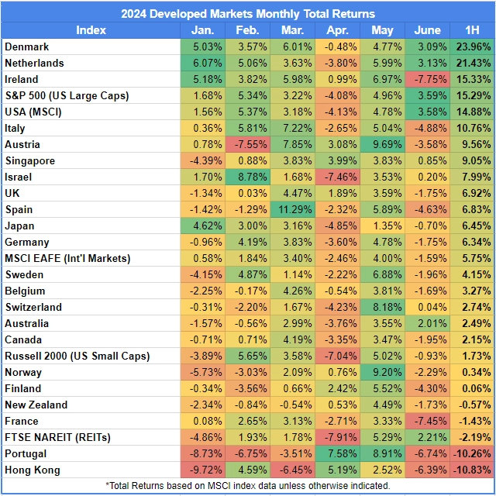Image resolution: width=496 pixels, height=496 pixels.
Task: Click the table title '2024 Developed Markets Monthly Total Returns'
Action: pyautogui.click(x=247, y=13)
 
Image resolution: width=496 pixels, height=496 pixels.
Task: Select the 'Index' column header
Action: pyautogui.click(x=91, y=29)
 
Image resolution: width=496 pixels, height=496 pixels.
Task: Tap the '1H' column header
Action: pyautogui.click(x=472, y=29)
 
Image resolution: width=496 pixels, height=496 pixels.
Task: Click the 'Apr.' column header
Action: pyautogui.click(x=337, y=29)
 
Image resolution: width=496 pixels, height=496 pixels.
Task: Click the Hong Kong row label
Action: pyautogui.click(x=32, y=470)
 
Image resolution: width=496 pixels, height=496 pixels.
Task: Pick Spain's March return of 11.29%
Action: pyautogui.click(x=292, y=209)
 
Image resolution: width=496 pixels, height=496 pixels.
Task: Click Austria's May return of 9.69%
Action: pyautogui.click(x=382, y=144)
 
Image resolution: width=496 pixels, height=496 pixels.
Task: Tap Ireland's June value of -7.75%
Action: pyautogui.click(x=427, y=79)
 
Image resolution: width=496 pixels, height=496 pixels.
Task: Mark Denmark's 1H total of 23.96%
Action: pyautogui.click(x=472, y=46)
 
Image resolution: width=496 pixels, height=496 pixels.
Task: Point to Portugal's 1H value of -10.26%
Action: pyautogui.click(x=472, y=453)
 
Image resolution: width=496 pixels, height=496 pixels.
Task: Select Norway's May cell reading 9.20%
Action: pyautogui.click(x=382, y=372)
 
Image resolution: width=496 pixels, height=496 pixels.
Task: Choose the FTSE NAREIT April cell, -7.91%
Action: pyautogui.click(x=337, y=437)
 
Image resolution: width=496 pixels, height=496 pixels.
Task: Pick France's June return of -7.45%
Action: pyautogui.click(x=427, y=421)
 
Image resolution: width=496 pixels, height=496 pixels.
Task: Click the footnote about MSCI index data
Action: pyautogui.click(x=247, y=486)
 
